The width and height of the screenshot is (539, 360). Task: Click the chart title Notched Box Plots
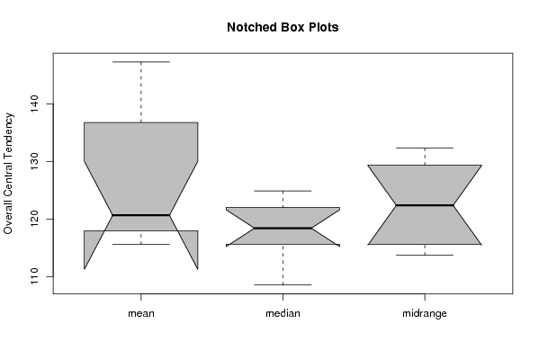(283, 27)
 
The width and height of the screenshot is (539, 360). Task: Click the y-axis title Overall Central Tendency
(8, 174)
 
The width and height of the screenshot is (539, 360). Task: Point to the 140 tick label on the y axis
(34, 103)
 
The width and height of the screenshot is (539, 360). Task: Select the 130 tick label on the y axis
(34, 161)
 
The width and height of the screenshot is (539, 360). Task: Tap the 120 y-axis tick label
(34, 219)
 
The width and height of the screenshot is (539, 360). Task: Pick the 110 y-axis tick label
(34, 276)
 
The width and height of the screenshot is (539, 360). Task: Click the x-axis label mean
(141, 313)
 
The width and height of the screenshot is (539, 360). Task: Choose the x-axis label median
(283, 313)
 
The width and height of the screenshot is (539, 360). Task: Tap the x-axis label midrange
(425, 313)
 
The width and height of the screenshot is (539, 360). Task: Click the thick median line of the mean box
(141, 215)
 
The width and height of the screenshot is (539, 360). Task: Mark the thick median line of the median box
(283, 228)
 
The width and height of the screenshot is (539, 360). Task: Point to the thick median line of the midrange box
(425, 205)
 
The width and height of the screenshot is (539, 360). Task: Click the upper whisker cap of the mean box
(141, 62)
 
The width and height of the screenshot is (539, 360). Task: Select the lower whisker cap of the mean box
(141, 244)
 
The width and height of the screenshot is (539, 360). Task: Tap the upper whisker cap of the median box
(283, 191)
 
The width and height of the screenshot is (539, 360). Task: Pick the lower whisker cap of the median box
(283, 284)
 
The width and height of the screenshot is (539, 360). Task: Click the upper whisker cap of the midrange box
(425, 148)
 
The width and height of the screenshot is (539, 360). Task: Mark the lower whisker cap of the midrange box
(425, 255)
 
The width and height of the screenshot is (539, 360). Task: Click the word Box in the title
(293, 27)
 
